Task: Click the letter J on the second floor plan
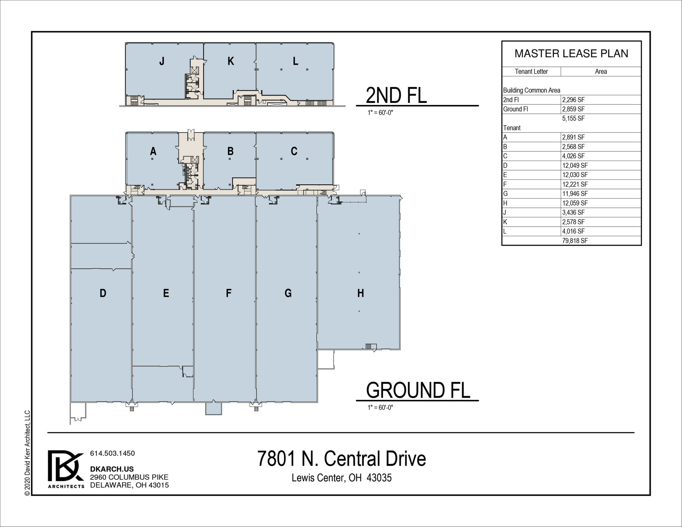coord(162,61)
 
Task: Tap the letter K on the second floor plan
coord(230,61)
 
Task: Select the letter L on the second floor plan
coord(295,61)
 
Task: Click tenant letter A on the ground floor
coord(153,151)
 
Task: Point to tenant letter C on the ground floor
coord(294,151)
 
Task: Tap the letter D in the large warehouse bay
coord(103,293)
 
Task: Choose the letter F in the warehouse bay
coord(229,293)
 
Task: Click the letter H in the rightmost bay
coord(361,293)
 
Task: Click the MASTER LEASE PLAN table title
coord(571,53)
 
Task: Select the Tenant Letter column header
coord(531,71)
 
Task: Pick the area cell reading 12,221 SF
coord(575,184)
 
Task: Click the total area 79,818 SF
coord(575,241)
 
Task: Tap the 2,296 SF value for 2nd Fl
coord(573,100)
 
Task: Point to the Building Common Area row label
coord(532,90)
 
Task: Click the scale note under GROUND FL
coord(380,408)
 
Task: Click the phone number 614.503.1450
coord(112,453)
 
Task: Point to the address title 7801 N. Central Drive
coord(342,458)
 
